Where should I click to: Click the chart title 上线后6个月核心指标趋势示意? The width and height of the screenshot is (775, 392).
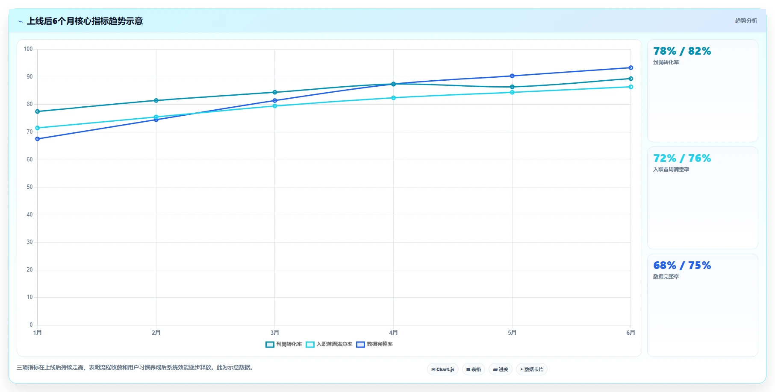click(85, 21)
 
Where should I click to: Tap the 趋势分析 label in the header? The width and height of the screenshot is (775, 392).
click(746, 20)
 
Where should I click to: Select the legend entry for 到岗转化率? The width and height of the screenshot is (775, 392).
click(284, 344)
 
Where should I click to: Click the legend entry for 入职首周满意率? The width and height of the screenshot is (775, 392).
click(329, 344)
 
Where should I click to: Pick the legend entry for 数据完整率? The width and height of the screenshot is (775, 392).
click(374, 344)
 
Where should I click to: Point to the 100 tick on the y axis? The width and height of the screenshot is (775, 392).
click(28, 49)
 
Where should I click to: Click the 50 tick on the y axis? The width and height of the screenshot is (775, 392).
click(29, 187)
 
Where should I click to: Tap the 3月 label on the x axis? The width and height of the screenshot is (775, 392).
click(275, 333)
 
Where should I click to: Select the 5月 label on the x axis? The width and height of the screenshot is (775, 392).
click(512, 333)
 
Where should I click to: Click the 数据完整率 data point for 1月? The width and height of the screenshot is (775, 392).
click(38, 139)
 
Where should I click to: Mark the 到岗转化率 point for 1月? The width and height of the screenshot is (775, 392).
click(38, 111)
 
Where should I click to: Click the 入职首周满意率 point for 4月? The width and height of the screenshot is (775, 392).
click(394, 98)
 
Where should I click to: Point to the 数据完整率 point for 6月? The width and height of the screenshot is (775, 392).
click(631, 67)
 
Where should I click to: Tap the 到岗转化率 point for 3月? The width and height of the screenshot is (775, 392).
click(275, 92)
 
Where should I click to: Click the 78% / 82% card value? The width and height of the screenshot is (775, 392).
click(682, 51)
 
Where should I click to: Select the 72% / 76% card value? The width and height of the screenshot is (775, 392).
click(682, 158)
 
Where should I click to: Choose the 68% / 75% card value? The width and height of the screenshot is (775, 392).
click(682, 266)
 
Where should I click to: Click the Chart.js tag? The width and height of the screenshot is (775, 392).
click(443, 369)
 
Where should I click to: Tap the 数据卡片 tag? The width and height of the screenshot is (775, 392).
click(532, 369)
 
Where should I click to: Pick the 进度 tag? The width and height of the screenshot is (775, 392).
click(501, 369)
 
